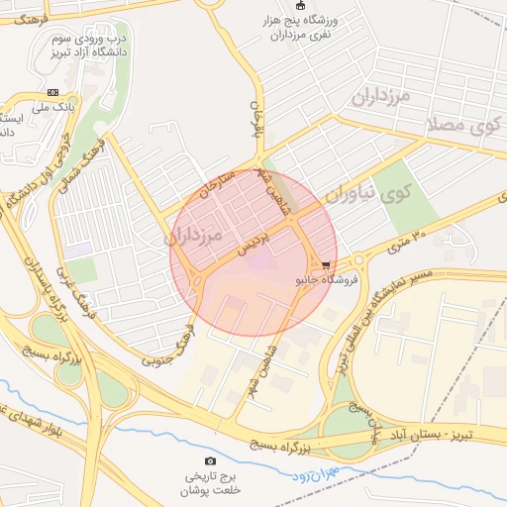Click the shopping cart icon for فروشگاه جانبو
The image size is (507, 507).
pos(326,264)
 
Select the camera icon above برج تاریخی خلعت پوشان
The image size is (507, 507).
pos(210,461)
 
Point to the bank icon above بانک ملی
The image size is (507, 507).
pos(52,92)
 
